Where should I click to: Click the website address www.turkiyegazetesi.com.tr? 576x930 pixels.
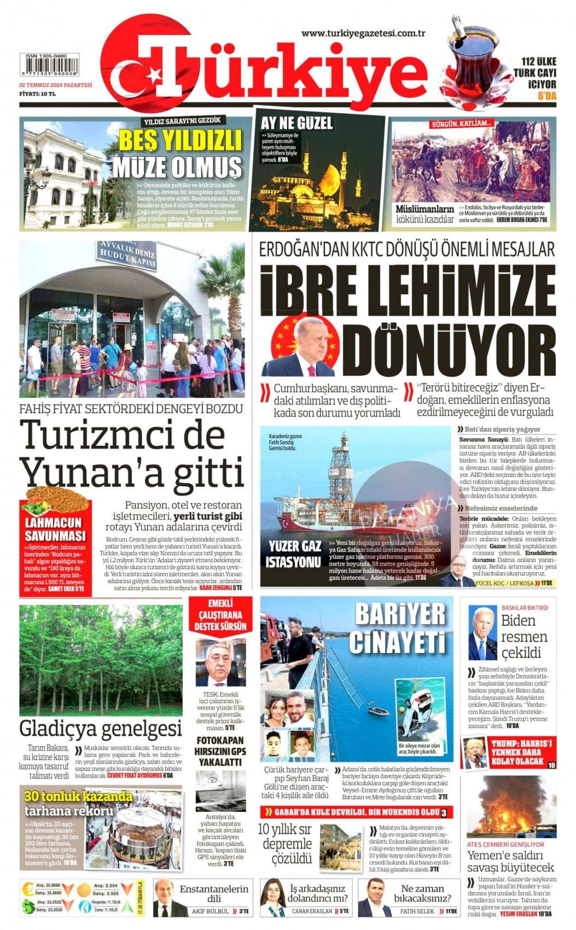(363, 34)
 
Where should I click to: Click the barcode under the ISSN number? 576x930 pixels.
(49, 69)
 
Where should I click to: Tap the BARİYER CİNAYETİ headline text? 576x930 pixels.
(400, 628)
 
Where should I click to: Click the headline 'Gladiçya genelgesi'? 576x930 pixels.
(101, 729)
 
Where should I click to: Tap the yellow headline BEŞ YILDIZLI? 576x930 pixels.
(180, 140)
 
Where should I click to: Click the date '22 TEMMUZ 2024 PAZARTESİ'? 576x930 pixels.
(56, 85)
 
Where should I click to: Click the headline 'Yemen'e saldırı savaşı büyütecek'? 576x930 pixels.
(510, 861)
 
